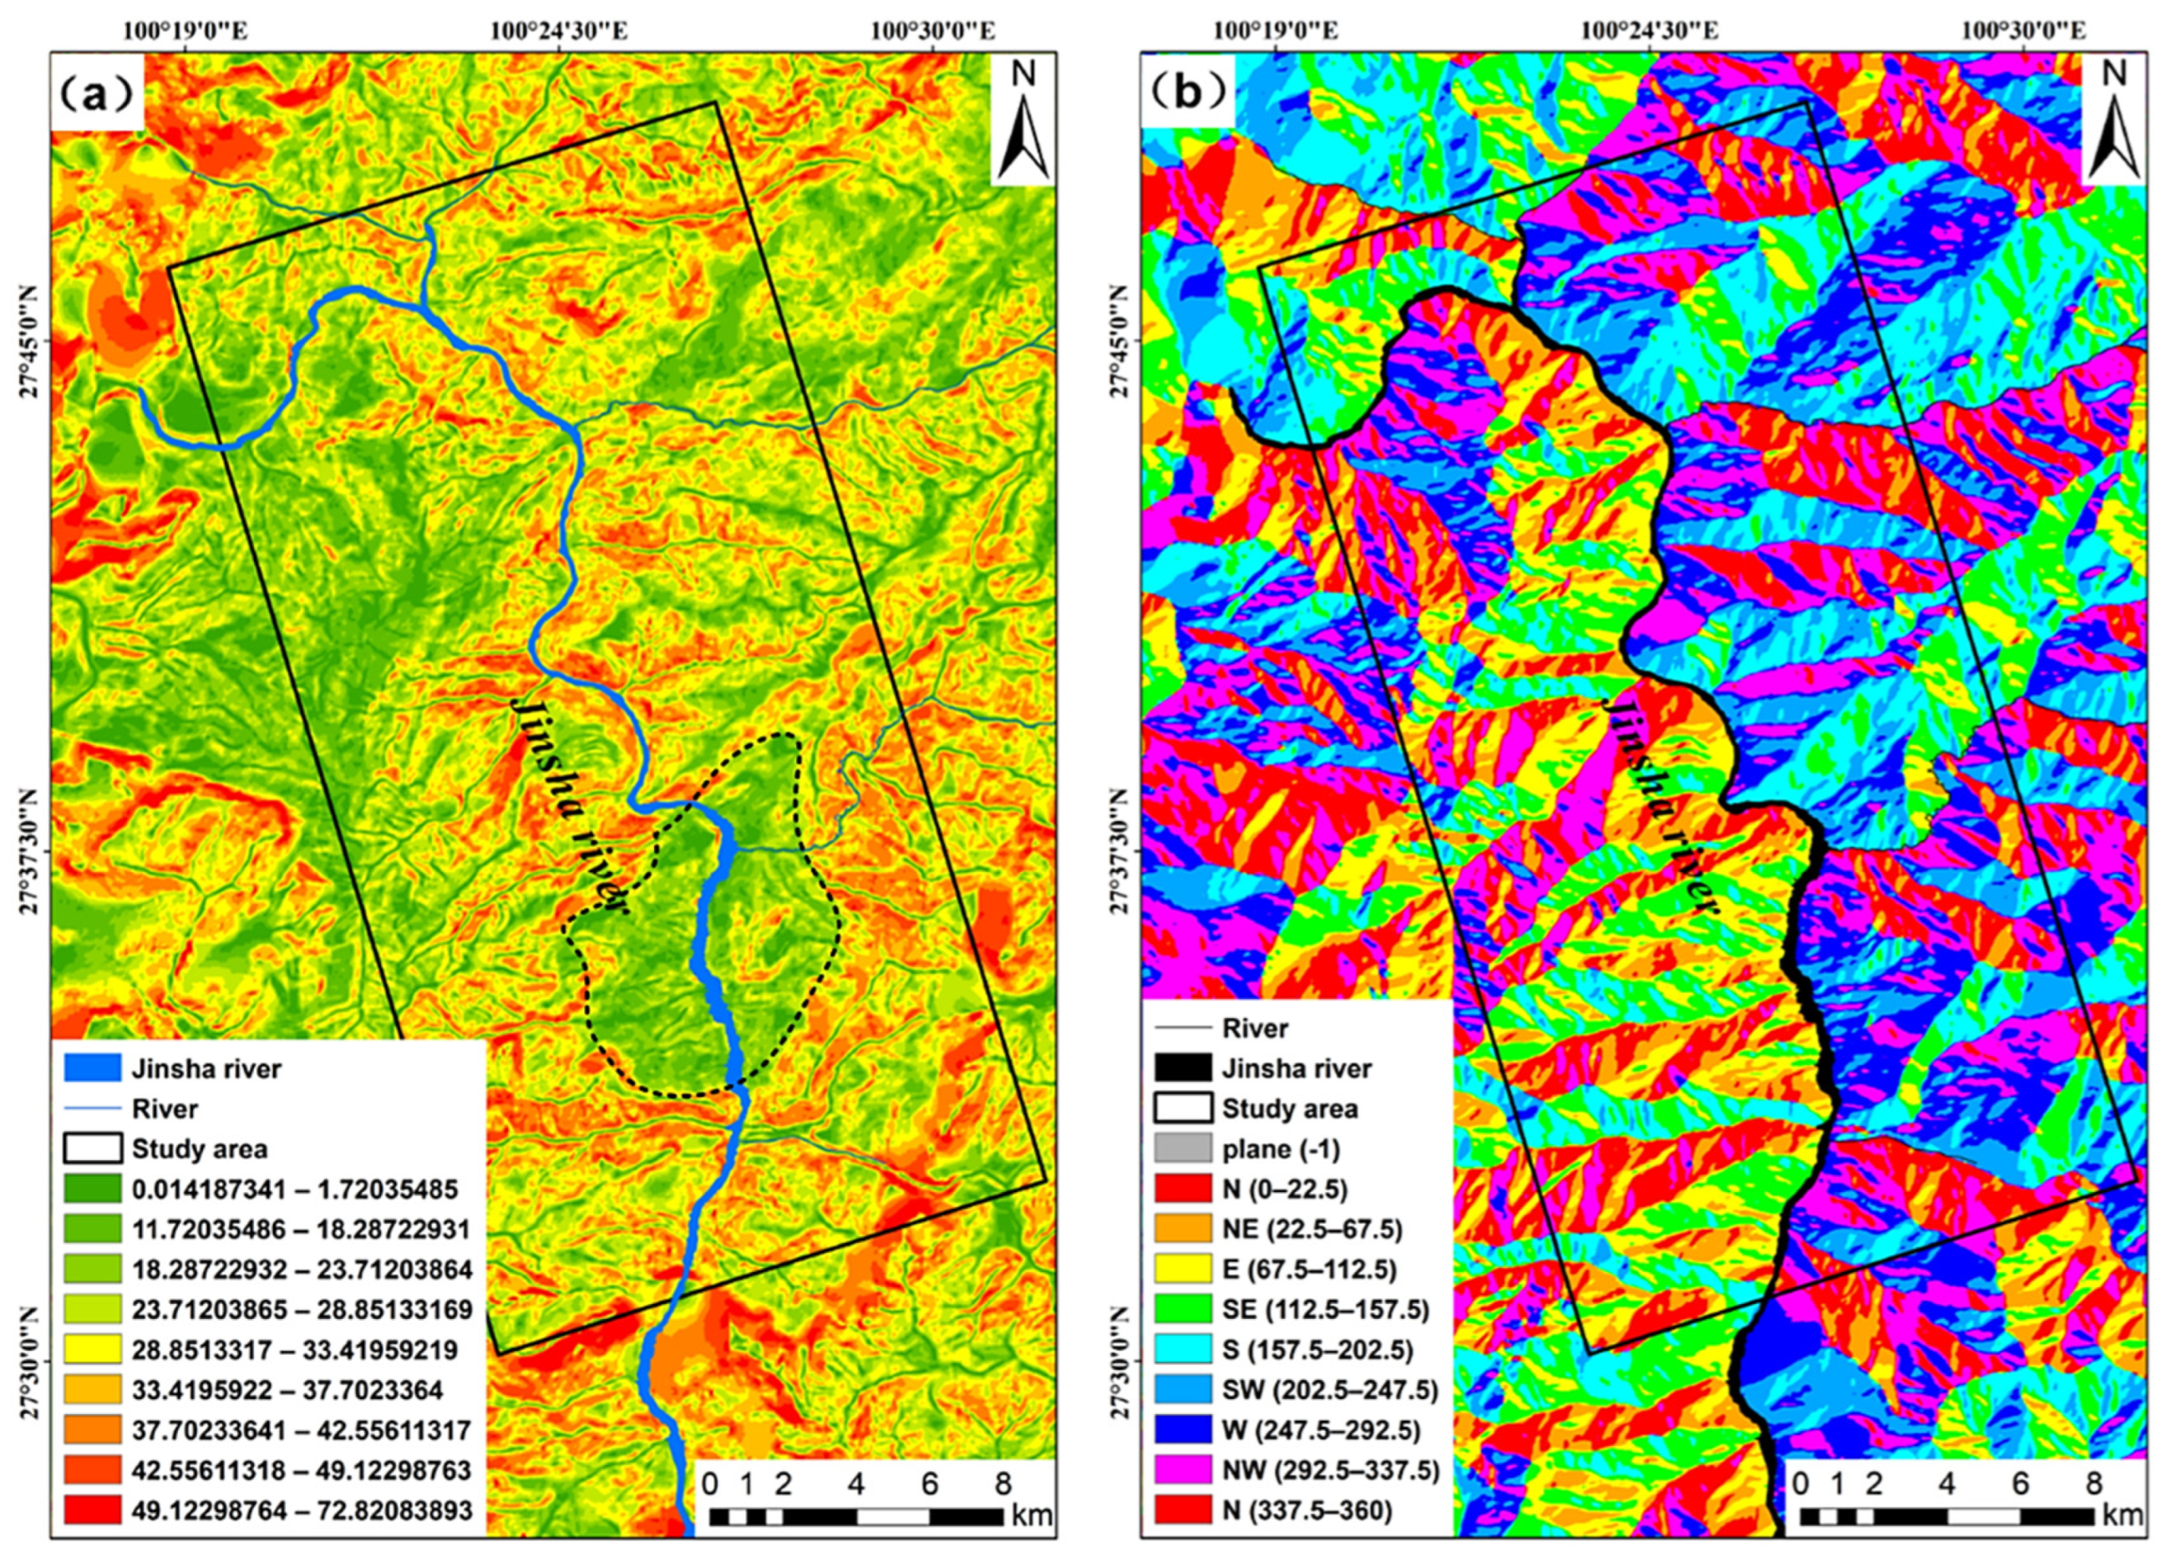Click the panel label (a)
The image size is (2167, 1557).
(95, 96)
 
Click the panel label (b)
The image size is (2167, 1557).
(1188, 96)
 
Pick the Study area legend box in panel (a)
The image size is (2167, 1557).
(93, 1149)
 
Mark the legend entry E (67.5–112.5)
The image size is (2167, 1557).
(1310, 1270)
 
